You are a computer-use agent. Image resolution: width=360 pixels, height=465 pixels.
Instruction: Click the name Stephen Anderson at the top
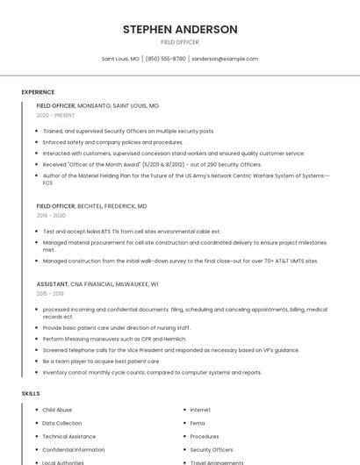click(180, 29)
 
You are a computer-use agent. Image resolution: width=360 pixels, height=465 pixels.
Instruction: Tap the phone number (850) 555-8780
click(166, 59)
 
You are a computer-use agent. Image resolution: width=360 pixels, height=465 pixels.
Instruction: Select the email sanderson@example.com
click(225, 59)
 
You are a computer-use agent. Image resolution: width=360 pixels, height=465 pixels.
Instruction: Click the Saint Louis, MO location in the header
click(120, 59)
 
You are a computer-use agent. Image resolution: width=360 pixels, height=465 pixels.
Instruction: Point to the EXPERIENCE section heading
click(38, 92)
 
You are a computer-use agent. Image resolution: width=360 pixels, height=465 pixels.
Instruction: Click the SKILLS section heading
click(31, 394)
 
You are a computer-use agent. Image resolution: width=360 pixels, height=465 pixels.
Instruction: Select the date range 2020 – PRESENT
click(55, 115)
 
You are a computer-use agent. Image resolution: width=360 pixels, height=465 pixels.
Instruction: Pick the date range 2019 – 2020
click(51, 215)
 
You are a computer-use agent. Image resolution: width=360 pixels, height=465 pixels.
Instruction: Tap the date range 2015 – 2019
click(50, 294)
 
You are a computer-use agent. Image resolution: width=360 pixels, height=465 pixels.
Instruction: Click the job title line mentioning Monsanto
click(97, 105)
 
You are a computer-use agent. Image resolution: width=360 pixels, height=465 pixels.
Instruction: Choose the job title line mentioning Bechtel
click(91, 205)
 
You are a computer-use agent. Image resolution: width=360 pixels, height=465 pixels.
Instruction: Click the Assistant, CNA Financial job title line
click(97, 284)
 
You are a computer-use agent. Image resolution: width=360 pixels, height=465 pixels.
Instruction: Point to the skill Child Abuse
click(57, 410)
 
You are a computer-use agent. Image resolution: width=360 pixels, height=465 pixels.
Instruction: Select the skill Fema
click(198, 423)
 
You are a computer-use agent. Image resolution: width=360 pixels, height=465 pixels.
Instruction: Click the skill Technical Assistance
click(68, 436)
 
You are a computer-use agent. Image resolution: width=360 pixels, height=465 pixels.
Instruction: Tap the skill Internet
click(200, 410)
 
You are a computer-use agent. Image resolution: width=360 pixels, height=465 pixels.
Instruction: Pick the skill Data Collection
click(61, 423)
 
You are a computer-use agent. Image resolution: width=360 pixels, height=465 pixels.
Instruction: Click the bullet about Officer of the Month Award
click(152, 164)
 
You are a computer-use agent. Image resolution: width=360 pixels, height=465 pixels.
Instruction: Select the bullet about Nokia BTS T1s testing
click(132, 232)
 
